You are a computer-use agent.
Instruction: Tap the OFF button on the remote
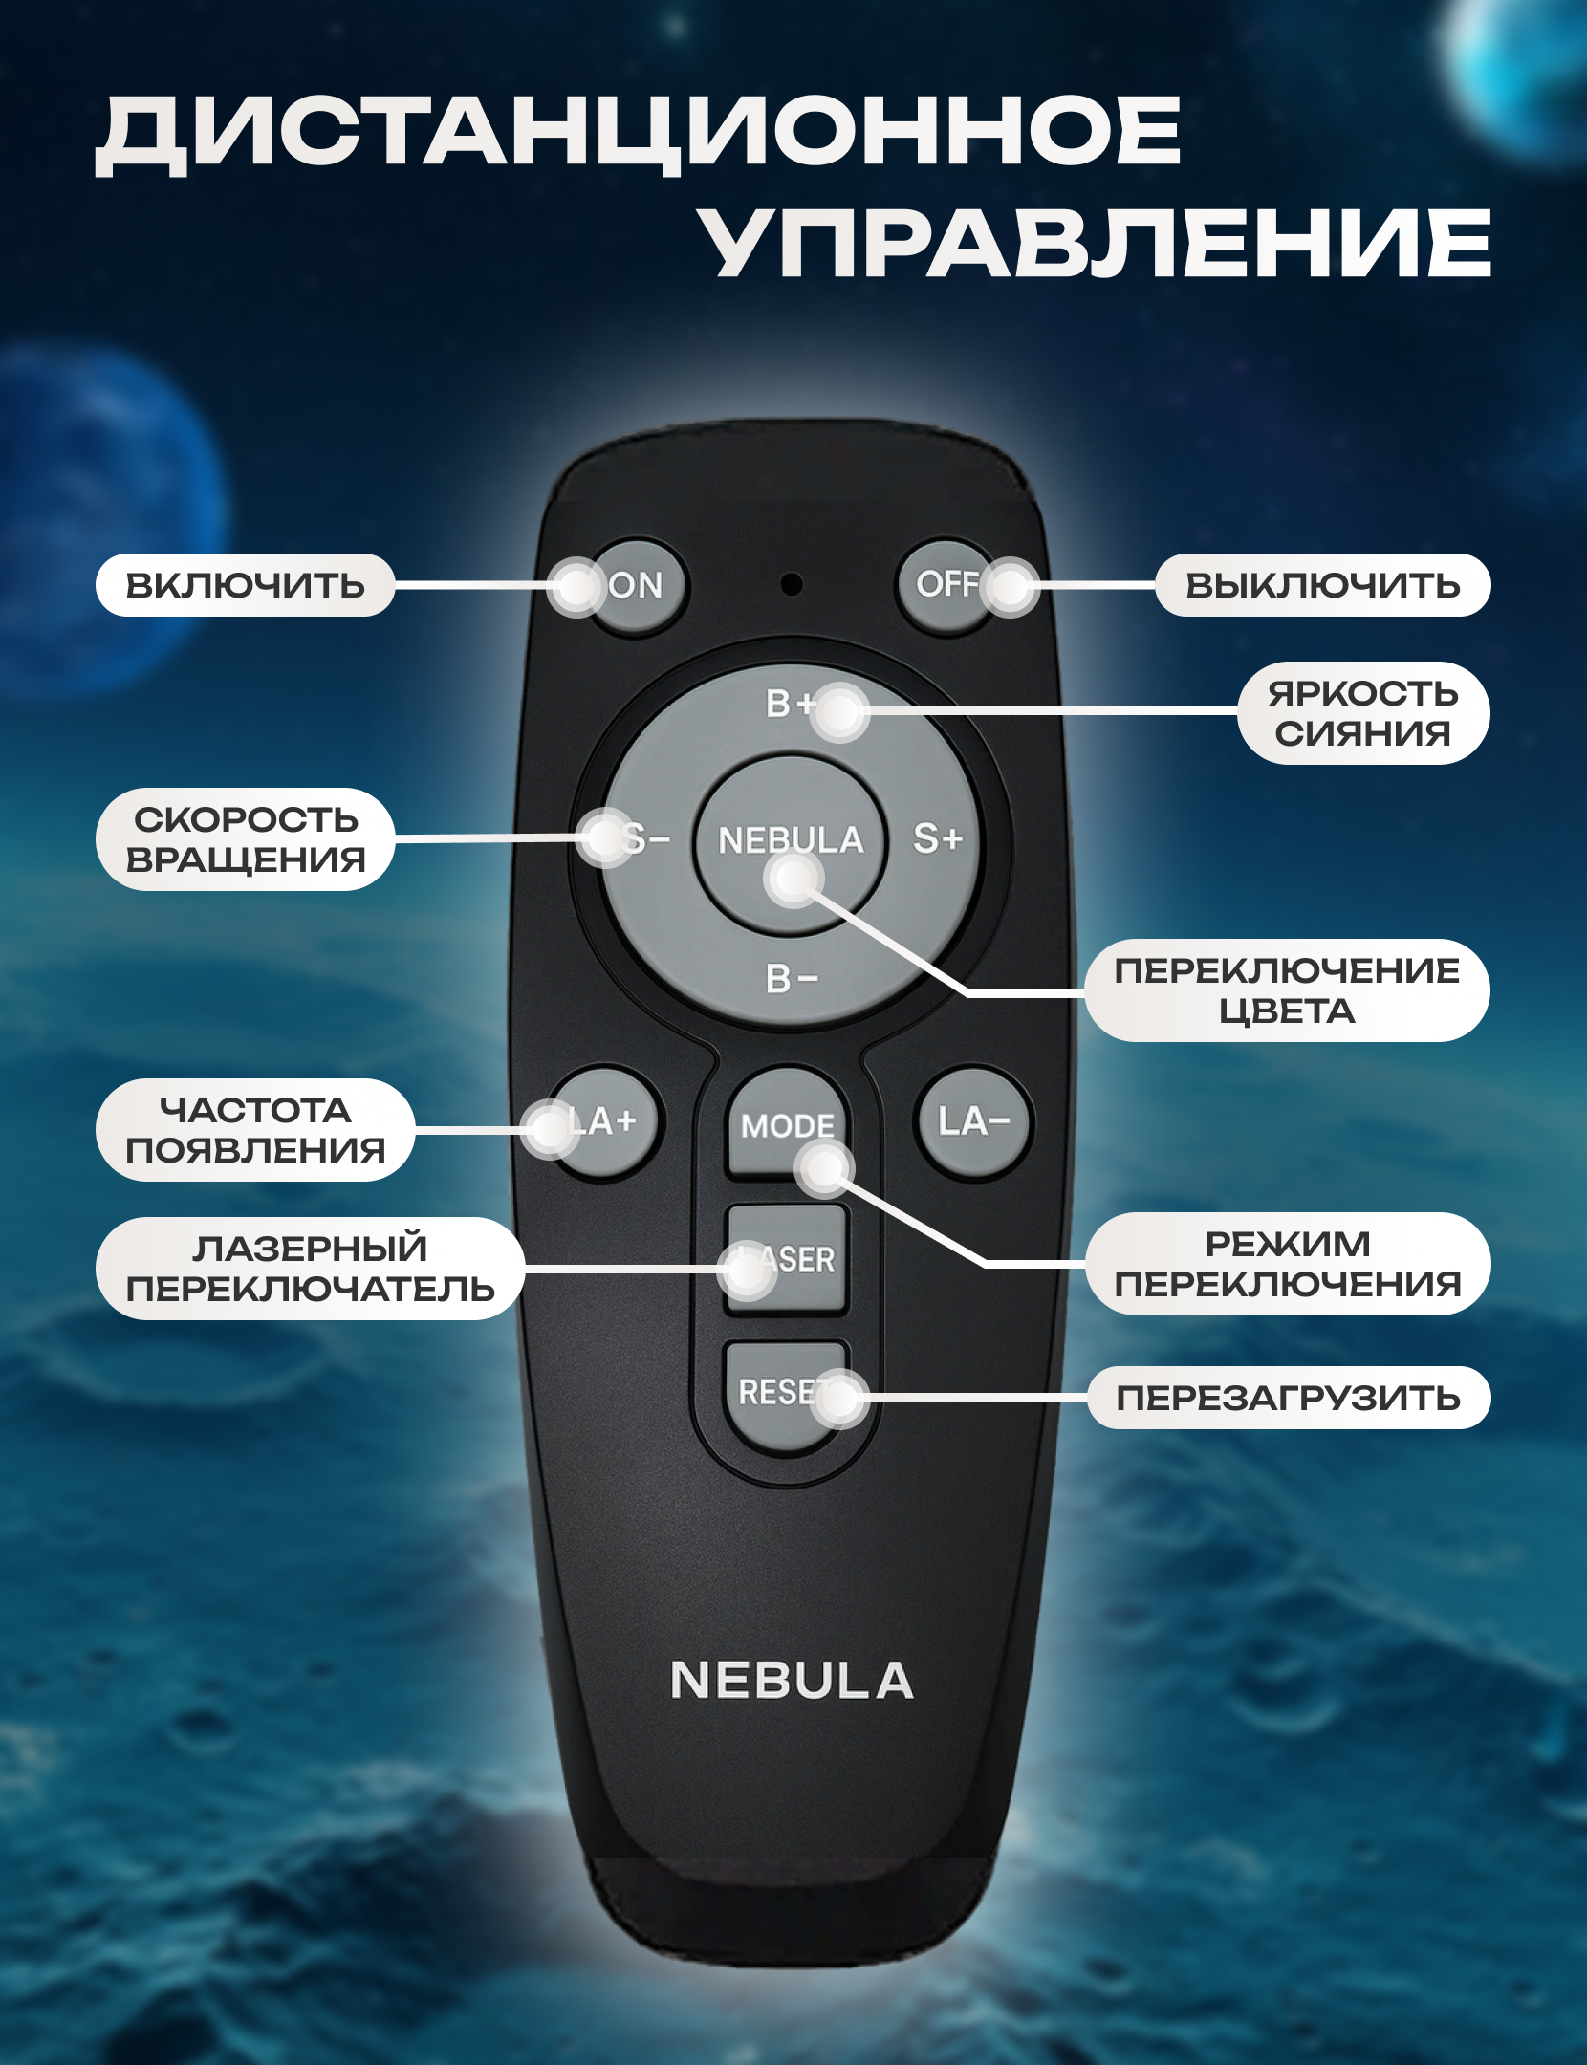[946, 585]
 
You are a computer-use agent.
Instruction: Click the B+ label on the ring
[790, 704]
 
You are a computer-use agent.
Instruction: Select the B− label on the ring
[792, 978]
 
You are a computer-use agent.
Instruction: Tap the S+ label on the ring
[937, 838]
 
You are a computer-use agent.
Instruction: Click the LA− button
[973, 1122]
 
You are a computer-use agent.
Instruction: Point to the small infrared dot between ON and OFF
[791, 583]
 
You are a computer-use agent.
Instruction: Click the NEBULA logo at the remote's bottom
[792, 1680]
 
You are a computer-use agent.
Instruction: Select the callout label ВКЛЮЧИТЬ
[246, 585]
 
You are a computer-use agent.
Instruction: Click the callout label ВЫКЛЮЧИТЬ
[1323, 585]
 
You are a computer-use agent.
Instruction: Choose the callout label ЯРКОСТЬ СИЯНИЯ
[1364, 713]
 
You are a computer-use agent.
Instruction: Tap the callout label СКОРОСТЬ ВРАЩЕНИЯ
[246, 839]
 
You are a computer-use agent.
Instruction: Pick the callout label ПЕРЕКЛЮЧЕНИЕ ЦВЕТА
[1288, 990]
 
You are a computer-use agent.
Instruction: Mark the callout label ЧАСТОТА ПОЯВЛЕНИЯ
[255, 1130]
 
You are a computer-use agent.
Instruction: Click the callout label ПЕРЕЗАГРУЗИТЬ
[1289, 1398]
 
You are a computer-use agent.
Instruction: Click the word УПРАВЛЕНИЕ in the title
[1095, 244]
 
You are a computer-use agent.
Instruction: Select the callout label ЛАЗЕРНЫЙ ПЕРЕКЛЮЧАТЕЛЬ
[311, 1269]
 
